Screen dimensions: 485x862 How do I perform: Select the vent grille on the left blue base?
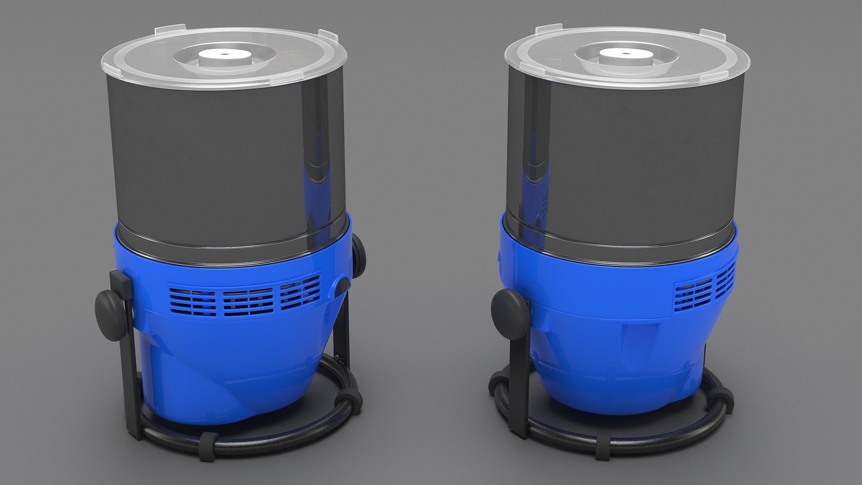245,296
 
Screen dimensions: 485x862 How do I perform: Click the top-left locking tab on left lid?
163,32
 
